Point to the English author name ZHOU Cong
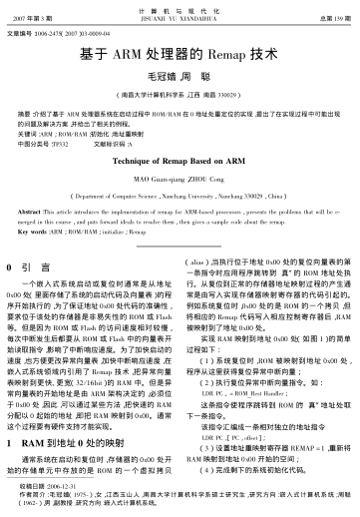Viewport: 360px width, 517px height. tap(205, 178)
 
